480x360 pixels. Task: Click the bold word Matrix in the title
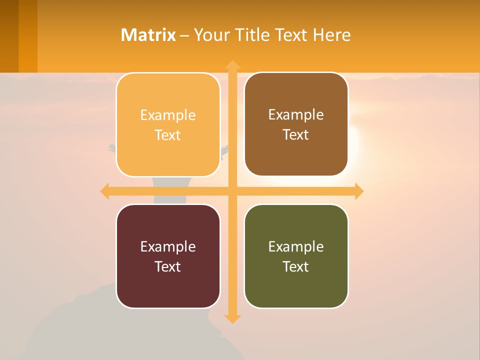tap(148, 35)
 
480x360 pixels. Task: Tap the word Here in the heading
tap(331, 35)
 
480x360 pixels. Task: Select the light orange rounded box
tap(168, 125)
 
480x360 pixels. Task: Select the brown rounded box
tap(296, 124)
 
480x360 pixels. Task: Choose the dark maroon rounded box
tap(168, 256)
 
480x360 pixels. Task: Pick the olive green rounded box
tap(296, 256)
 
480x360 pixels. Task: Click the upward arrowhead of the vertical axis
tap(232, 65)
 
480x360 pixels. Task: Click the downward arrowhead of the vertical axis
tap(232, 318)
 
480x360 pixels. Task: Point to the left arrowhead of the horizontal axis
tap(105, 191)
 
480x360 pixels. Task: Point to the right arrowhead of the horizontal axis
tap(359, 191)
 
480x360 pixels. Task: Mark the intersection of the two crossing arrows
tap(232, 191)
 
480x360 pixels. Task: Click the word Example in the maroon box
tap(168, 246)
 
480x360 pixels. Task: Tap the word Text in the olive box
tap(296, 266)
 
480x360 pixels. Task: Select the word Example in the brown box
tap(296, 114)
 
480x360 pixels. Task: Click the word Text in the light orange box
tap(168, 135)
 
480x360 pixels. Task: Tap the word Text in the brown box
tap(296, 135)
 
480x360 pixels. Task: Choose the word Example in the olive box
tap(296, 246)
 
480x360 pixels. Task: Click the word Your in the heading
tap(210, 35)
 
